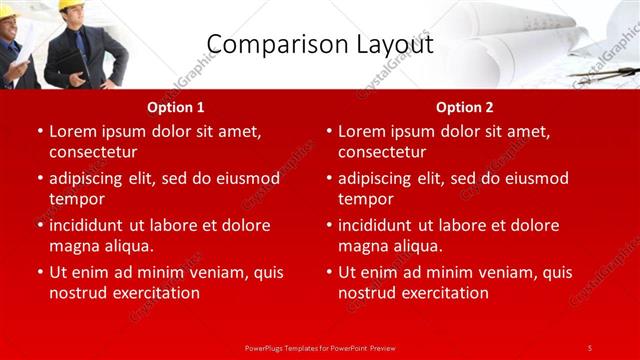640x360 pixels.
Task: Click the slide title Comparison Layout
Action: point(320,44)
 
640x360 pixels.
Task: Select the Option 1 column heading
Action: point(176,106)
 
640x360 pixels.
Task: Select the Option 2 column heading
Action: point(465,106)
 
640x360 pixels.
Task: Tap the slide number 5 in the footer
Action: point(589,347)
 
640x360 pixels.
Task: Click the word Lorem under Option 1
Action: point(73,131)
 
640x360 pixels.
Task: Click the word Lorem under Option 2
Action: point(362,131)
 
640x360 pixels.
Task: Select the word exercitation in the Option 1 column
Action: point(156,293)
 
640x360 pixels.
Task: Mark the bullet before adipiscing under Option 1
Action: point(39,179)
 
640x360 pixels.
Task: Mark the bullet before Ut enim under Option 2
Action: point(328,272)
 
